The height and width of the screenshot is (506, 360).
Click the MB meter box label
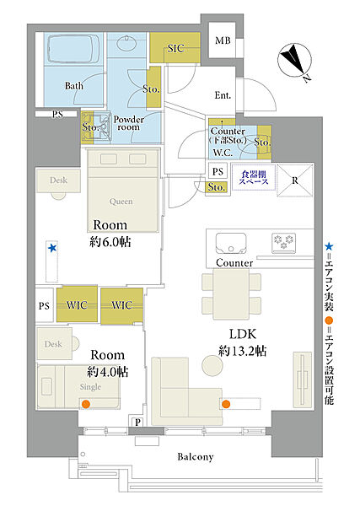[x=223, y=40]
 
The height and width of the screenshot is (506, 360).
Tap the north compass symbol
[x=295, y=61]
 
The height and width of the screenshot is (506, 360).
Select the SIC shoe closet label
[x=176, y=48]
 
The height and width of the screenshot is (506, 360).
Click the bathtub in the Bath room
[x=73, y=49]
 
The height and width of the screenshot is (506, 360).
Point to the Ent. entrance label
[x=223, y=95]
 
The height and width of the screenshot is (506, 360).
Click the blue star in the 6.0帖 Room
[x=52, y=248]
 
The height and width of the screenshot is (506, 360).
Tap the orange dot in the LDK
[x=226, y=404]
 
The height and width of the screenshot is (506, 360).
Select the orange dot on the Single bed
[x=85, y=403]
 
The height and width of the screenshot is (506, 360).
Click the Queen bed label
[x=121, y=202]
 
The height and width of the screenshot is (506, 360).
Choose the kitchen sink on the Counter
[x=231, y=243]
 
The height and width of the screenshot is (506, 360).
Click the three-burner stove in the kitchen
[x=284, y=242]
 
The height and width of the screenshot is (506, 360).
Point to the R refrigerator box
[x=295, y=180]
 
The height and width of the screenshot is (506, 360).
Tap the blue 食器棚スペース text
[x=254, y=178]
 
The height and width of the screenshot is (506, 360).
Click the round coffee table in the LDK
[x=212, y=365]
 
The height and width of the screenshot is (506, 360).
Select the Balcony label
[x=196, y=456]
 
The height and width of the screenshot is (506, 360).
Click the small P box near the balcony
[x=137, y=421]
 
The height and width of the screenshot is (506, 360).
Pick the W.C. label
[x=223, y=153]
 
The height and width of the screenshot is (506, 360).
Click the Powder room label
[x=129, y=123]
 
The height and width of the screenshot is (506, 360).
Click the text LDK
[x=243, y=334]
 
